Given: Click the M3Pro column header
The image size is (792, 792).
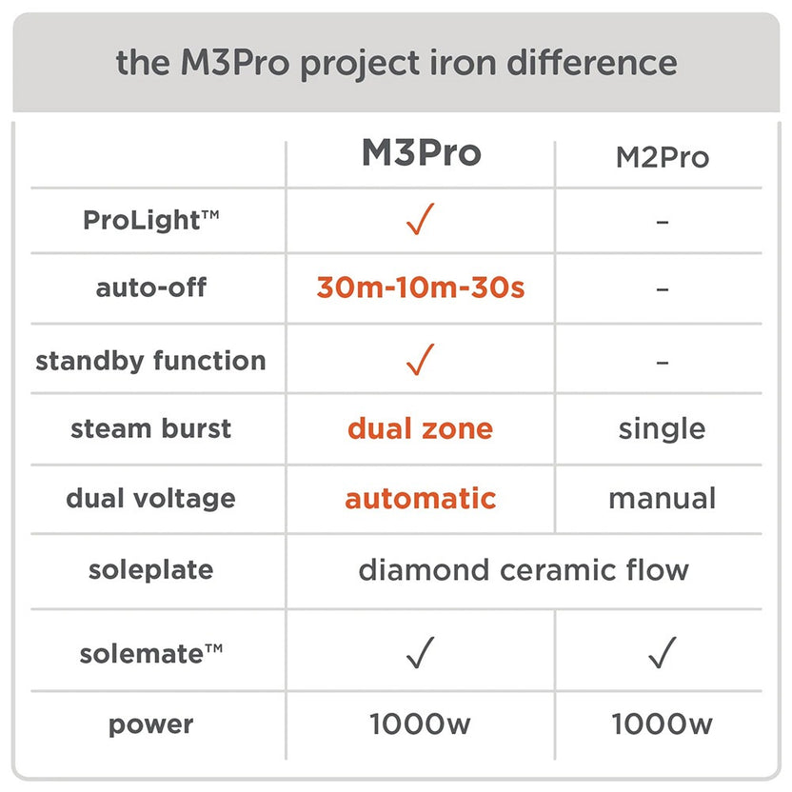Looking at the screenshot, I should coord(421,153).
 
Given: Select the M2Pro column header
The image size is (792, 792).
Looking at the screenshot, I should coord(662,157).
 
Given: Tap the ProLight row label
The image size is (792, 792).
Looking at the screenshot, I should coord(151,220).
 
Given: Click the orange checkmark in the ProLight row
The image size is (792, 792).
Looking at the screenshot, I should coord(420,221).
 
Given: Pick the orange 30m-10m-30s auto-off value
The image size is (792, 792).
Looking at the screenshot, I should coord(420,287).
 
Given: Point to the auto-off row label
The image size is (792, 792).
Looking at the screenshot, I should coord(151,287).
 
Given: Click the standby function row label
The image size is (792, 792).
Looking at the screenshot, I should coord(150,361).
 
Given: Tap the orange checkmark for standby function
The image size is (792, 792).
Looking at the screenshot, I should coord(420,359).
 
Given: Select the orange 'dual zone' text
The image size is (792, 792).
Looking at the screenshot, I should coord(420,428).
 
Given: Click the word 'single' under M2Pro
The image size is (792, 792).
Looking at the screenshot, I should coord(662,428).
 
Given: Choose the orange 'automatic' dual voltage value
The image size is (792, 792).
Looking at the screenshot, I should coord(420,498).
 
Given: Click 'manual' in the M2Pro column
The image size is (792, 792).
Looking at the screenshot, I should coord(662,498).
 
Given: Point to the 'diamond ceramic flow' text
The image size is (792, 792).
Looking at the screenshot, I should coord(523,570).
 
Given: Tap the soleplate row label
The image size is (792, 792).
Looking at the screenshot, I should coord(150,571).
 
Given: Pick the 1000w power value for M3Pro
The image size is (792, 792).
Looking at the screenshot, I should coord(420,724).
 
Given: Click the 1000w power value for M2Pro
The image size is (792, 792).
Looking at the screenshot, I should coord(662,724).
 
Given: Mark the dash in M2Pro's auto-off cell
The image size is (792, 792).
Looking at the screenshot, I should coord(662,288).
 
